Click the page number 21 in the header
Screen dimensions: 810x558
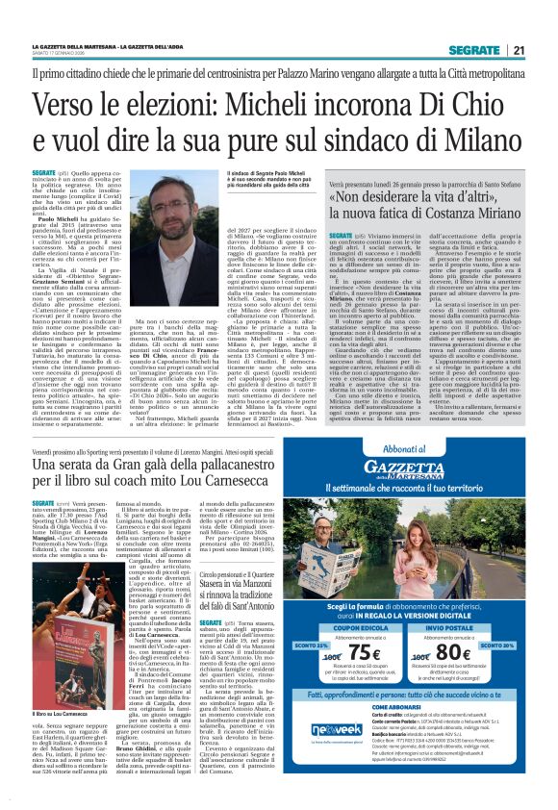click(x=519, y=50)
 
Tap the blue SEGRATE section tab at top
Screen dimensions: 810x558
click(x=474, y=50)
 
